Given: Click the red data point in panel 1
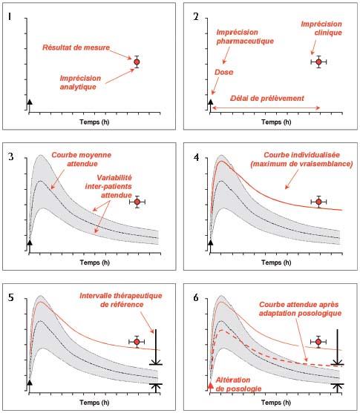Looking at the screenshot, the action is click(137, 62).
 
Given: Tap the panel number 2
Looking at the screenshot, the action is click(196, 16).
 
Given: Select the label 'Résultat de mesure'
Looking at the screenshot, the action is click(76, 47).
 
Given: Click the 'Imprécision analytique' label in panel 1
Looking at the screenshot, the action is click(80, 82).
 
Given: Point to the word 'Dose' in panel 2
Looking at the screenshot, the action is click(223, 72).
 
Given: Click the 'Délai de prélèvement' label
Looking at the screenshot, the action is click(267, 99).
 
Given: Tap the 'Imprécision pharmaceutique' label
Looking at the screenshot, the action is click(245, 36).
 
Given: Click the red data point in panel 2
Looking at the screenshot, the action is click(318, 62).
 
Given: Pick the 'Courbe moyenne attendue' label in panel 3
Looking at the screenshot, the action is click(82, 159).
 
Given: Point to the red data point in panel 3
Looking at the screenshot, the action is click(137, 202).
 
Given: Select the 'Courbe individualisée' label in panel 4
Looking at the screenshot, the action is click(301, 155).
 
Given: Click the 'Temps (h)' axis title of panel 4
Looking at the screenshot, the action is click(276, 262).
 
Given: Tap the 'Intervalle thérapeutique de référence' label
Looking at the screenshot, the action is click(121, 300).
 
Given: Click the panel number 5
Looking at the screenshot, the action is click(10, 297).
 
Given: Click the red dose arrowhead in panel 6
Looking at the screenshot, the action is click(211, 386).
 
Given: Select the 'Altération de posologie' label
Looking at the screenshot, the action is click(238, 384).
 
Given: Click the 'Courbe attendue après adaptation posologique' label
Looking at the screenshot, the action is click(300, 308).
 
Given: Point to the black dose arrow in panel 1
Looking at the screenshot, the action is click(30, 106).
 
